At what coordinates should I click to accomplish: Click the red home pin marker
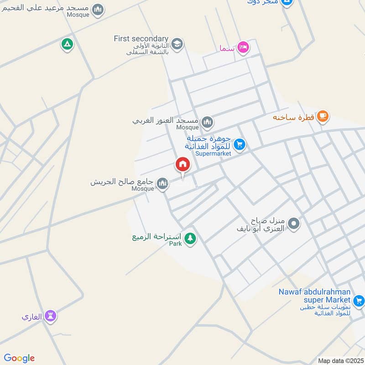[183, 164]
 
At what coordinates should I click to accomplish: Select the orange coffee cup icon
[323, 116]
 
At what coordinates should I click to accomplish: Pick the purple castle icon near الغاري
[50, 316]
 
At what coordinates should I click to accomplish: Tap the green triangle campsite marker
[67, 44]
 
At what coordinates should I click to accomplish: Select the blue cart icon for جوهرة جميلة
[239, 145]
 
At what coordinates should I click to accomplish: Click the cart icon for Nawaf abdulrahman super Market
[359, 300]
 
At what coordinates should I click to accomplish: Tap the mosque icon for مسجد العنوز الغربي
[207, 121]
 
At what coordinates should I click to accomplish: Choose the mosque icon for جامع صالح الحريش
[162, 183]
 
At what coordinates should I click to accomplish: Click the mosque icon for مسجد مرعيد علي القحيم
[98, 9]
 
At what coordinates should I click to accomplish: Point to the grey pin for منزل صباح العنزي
[294, 224]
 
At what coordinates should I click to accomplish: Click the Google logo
[19, 358]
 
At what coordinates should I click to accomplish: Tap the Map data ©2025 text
[340, 360]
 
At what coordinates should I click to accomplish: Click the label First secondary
[141, 39]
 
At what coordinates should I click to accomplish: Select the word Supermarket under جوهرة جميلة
[213, 154]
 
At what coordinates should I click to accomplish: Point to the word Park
[176, 244]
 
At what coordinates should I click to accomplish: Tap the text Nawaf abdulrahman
[314, 292]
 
